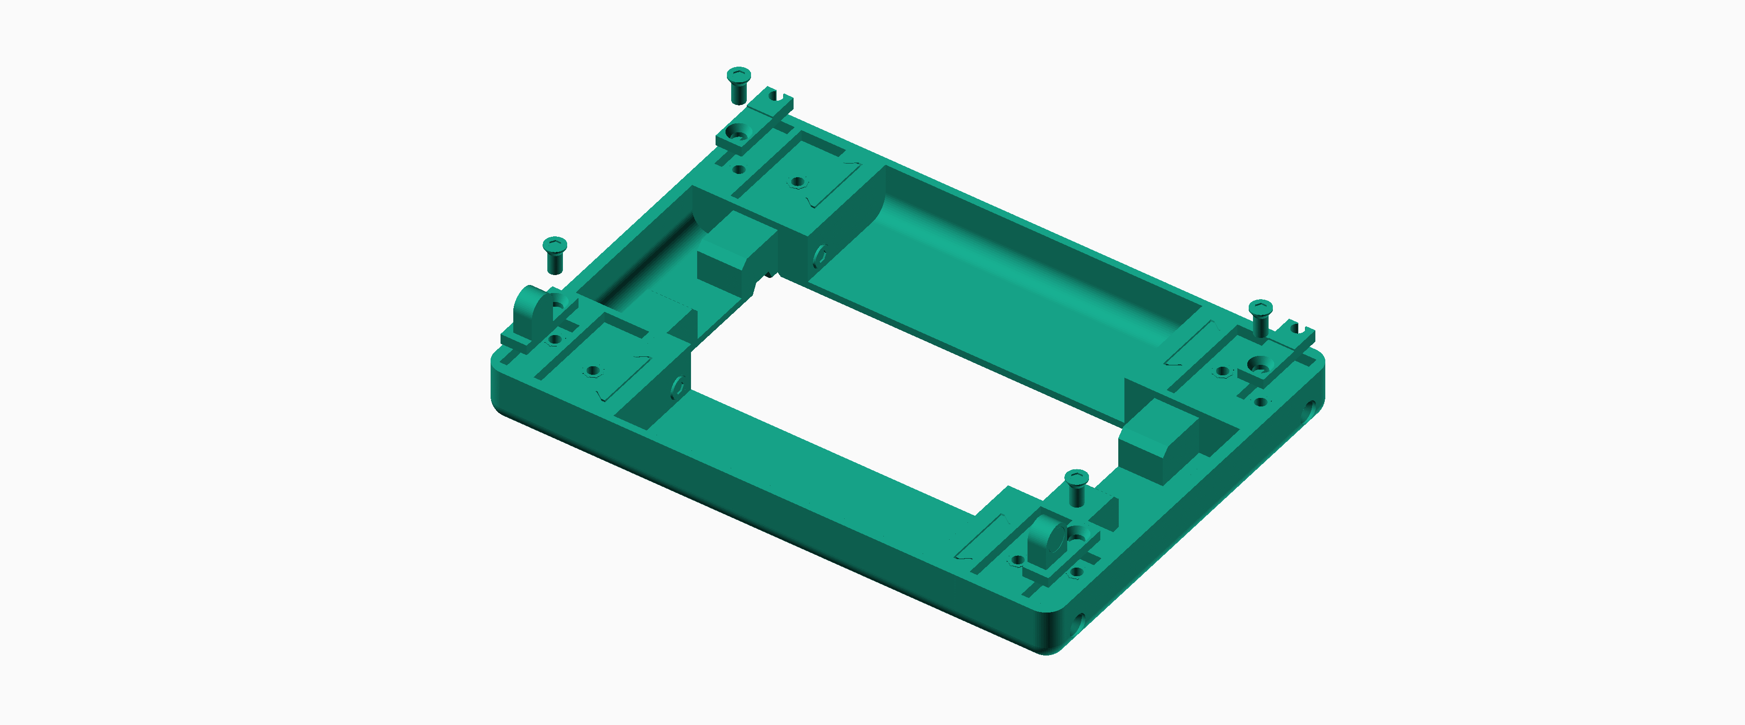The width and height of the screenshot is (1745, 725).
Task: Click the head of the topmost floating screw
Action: pyautogui.click(x=738, y=74)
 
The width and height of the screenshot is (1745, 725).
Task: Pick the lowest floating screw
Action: pyautogui.click(x=1076, y=486)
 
